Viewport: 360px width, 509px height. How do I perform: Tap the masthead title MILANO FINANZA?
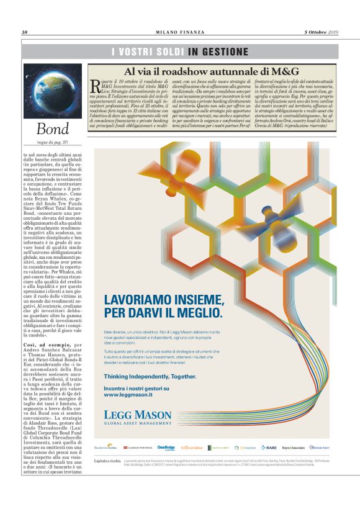pyautogui.click(x=179, y=32)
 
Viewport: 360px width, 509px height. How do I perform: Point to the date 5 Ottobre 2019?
pyautogui.click(x=321, y=32)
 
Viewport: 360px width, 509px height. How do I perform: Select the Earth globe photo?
pyautogui.click(x=53, y=91)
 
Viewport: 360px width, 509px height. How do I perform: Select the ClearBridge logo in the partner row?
pyautogui.click(x=166, y=447)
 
